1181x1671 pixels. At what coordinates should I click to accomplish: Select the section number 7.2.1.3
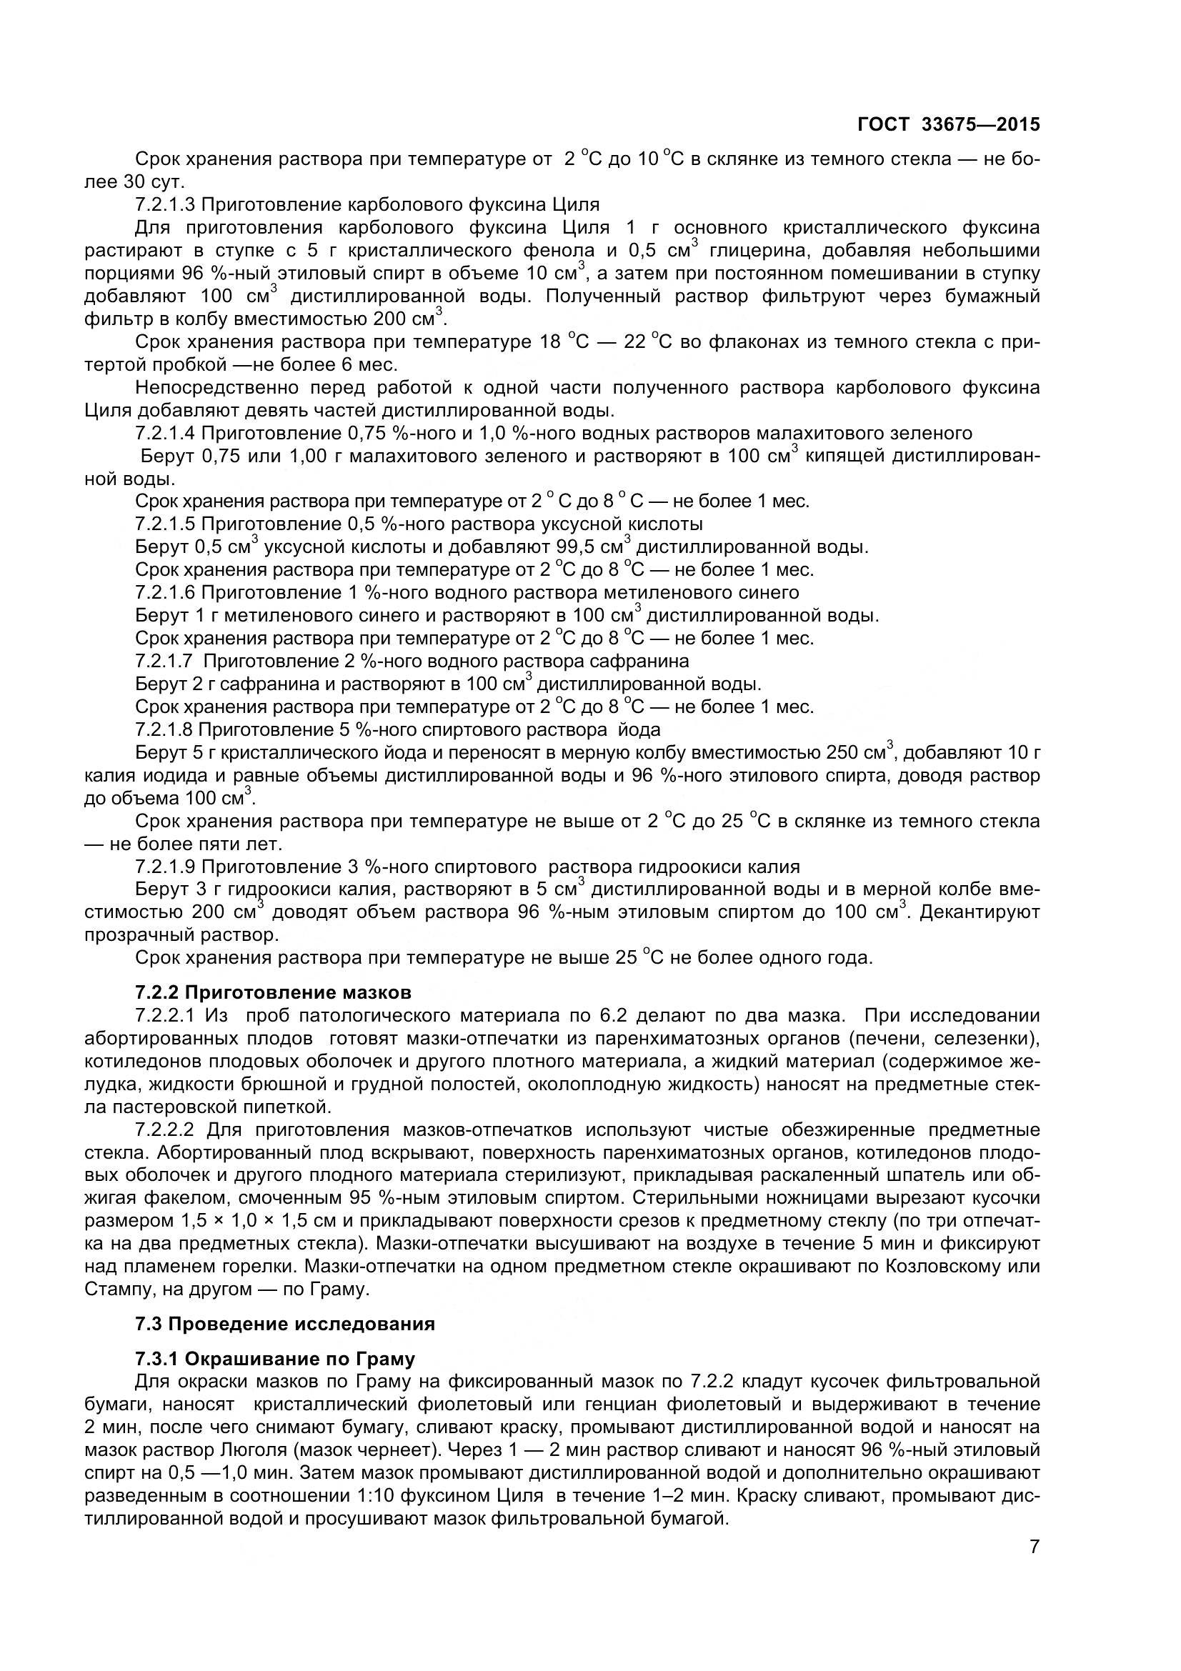[164, 204]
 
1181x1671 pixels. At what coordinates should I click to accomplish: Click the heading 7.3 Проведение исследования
[284, 1324]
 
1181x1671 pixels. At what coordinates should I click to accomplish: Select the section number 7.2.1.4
[164, 434]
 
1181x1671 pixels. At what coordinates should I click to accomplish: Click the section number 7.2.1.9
[164, 867]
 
